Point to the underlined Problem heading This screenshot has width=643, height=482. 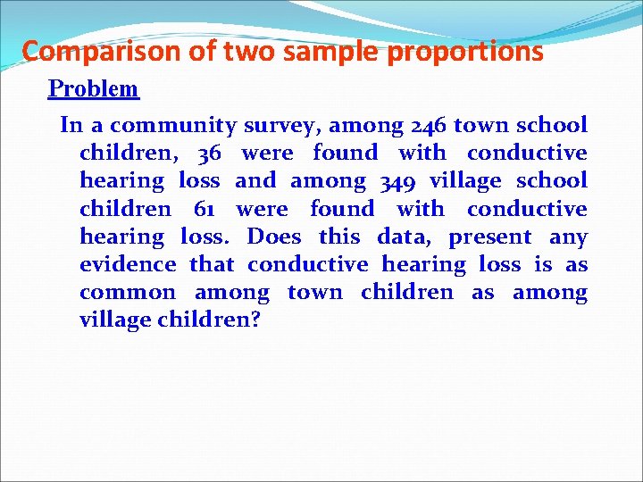click(x=93, y=88)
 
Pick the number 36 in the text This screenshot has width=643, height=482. click(x=208, y=154)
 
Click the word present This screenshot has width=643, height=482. click(x=490, y=237)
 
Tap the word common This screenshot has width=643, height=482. click(x=128, y=293)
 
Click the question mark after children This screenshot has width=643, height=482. click(x=255, y=320)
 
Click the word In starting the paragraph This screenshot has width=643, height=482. click(x=71, y=125)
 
